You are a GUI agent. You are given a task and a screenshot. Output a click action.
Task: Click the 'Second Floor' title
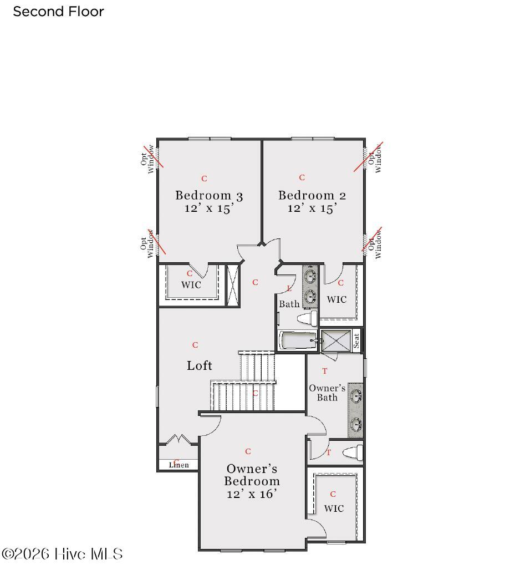[x=58, y=12]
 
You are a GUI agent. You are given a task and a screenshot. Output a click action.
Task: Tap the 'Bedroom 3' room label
[x=209, y=195]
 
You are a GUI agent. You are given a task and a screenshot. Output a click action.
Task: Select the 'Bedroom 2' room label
[x=312, y=195]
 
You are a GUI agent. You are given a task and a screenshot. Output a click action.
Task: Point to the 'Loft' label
[x=200, y=365]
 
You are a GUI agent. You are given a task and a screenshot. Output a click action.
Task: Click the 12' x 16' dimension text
[x=252, y=494]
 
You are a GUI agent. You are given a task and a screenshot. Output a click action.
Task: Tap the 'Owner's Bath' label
[x=327, y=393]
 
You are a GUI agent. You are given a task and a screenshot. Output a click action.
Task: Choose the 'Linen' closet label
[x=179, y=465]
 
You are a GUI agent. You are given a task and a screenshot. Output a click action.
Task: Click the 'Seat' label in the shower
[x=356, y=340]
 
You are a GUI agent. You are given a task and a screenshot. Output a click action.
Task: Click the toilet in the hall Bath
[x=307, y=318]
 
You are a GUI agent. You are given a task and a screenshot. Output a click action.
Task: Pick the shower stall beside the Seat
[x=336, y=340]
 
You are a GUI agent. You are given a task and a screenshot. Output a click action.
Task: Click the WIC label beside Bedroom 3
[x=191, y=285]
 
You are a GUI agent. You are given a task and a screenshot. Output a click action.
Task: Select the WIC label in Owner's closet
[x=334, y=508]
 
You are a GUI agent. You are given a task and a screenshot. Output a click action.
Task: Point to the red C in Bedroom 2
[x=302, y=178]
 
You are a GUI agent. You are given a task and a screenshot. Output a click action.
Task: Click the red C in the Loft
[x=195, y=345]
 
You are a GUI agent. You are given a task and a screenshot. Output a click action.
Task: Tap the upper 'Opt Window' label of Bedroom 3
[x=147, y=159]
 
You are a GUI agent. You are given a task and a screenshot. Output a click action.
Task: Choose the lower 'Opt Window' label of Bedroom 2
[x=374, y=244]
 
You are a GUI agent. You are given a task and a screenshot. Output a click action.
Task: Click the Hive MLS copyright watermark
[x=62, y=554]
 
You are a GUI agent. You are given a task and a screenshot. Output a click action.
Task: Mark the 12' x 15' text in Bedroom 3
[x=209, y=208]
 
